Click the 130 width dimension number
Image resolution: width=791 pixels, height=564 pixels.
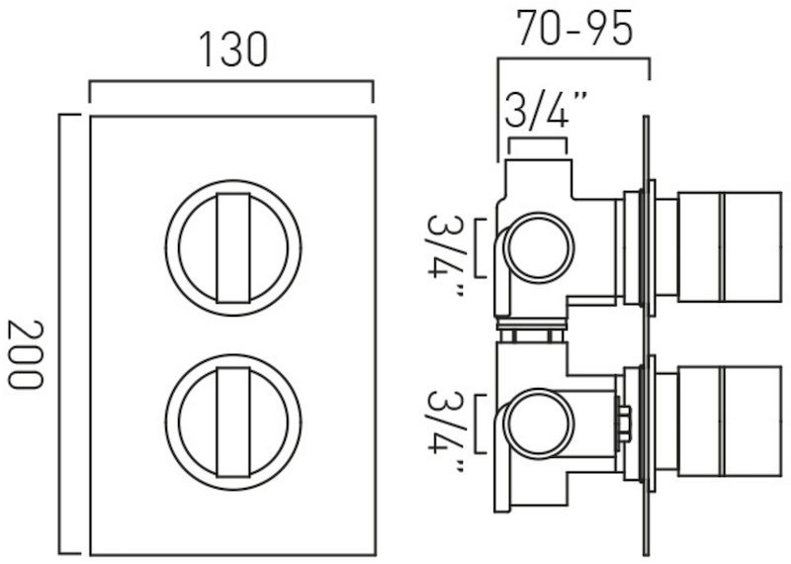coord(233,49)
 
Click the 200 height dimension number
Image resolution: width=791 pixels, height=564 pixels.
coord(26,354)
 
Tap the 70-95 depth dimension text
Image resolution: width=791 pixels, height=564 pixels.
coord(574,28)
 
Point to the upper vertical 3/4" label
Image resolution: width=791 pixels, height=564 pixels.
coord(444,255)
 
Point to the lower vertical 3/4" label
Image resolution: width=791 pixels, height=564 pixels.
coord(444,431)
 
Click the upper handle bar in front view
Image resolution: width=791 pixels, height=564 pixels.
coord(233,248)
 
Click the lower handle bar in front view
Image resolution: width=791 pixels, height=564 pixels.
coord(233,423)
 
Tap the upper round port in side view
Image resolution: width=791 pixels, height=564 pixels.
coord(538,248)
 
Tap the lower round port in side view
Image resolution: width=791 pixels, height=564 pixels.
coord(538,423)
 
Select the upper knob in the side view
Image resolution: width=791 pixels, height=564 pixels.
coord(729,247)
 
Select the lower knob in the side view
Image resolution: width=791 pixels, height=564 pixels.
coord(729,422)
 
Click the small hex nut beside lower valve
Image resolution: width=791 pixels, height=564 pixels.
coord(624,423)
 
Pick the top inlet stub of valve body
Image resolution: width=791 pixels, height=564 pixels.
coord(539,178)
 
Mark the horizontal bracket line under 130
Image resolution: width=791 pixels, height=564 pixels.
coord(231,81)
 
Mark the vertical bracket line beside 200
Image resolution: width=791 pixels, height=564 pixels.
coord(60,333)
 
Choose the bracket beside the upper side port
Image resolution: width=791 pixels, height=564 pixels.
coord(477,248)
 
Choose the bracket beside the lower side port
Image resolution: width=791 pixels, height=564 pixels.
coord(477,423)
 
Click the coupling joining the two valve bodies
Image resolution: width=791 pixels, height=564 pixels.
coord(532,330)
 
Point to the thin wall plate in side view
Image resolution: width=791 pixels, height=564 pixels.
coord(646,334)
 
